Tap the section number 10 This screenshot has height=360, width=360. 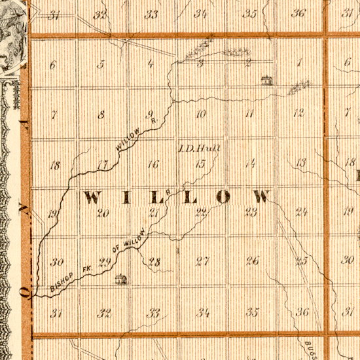pos(201,114)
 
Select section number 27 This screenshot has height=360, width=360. pos(202,262)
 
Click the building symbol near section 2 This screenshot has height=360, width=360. pos(266,81)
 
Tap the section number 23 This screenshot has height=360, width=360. pos(251,211)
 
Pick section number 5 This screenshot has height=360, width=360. pos(101,64)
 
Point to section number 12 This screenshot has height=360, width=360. pos(299,113)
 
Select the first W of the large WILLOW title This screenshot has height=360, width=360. pos(92,197)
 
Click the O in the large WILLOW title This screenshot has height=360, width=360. pos(226,196)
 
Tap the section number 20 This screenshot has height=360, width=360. pos(103,212)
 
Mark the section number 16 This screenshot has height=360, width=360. pos(153,164)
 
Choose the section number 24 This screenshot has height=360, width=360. pos(301,211)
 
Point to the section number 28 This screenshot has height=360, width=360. pos(154,262)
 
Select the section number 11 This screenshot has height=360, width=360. pos(249,114)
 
